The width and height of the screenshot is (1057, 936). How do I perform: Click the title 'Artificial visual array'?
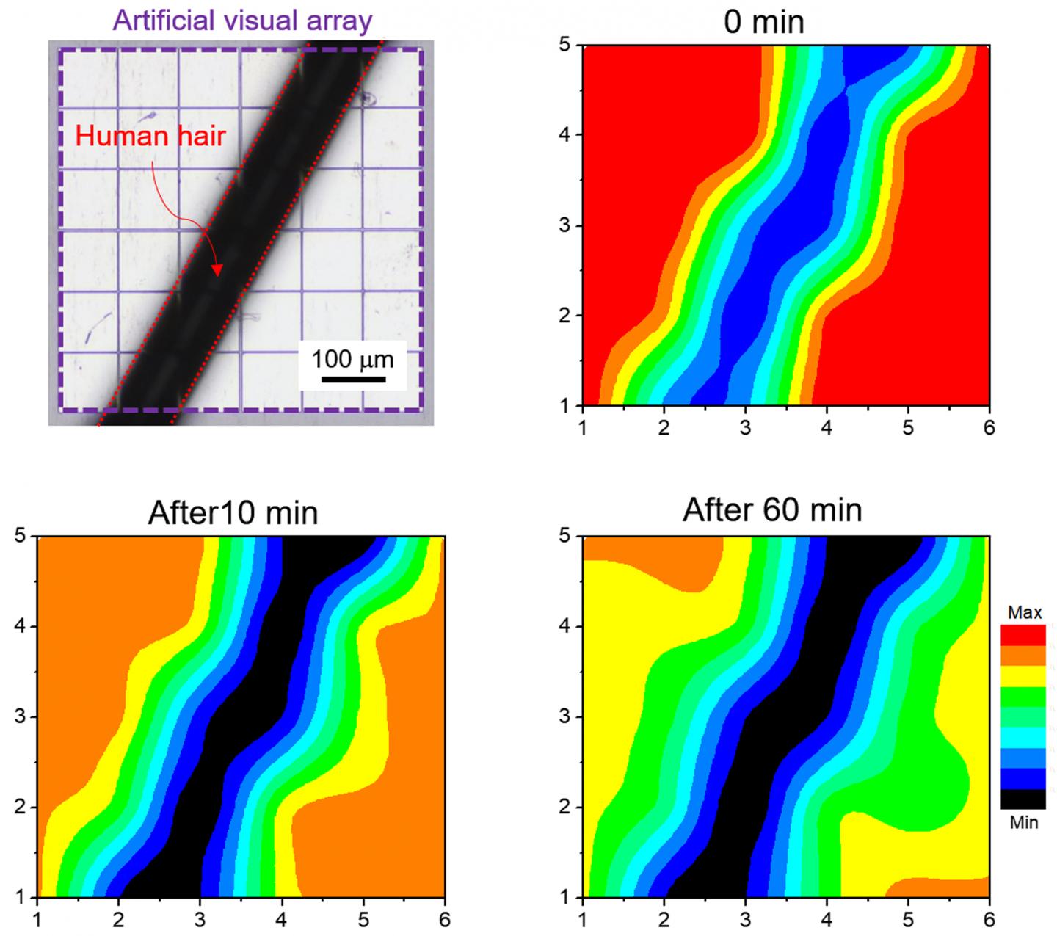tap(242, 20)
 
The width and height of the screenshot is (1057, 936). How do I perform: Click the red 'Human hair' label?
tap(150, 136)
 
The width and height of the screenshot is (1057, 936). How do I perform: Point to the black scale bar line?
tap(353, 379)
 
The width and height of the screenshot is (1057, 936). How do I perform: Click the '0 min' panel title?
tap(763, 21)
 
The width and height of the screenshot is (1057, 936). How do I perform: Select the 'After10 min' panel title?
tap(233, 512)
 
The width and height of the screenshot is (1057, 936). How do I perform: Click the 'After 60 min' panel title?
tap(772, 509)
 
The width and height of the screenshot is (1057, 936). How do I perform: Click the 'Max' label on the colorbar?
tap(1025, 612)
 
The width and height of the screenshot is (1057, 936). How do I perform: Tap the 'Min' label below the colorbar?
tap(1023, 822)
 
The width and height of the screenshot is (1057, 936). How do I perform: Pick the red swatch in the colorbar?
tap(1023, 634)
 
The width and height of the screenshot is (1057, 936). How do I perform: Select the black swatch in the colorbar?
tap(1023, 799)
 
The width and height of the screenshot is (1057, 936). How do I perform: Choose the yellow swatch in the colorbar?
tap(1023, 675)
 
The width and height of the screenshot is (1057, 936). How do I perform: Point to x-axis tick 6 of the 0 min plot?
tap(989, 427)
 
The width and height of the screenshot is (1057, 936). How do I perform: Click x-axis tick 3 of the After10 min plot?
tap(200, 919)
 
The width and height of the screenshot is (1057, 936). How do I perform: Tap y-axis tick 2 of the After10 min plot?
tap(21, 807)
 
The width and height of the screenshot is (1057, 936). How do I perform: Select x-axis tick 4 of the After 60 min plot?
tap(827, 919)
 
